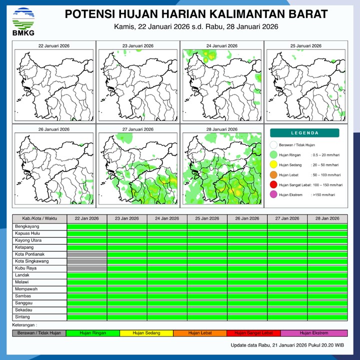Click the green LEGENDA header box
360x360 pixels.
[304, 133]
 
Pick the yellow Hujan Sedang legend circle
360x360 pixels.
[273, 165]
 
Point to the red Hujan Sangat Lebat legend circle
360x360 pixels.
[273, 185]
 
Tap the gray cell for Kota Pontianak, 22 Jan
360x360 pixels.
[87, 254]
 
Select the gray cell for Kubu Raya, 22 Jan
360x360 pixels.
[87, 268]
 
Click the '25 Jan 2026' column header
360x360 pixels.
[207, 219]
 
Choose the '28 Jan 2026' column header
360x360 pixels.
[327, 219]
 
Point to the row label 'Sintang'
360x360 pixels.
[22, 317]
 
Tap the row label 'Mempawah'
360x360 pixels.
[25, 289]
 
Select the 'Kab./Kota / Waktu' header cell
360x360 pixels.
[39, 219]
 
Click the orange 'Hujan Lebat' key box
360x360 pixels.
[199, 333]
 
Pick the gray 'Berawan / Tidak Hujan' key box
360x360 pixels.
[39, 333]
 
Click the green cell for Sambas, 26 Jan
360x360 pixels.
[247, 296]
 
